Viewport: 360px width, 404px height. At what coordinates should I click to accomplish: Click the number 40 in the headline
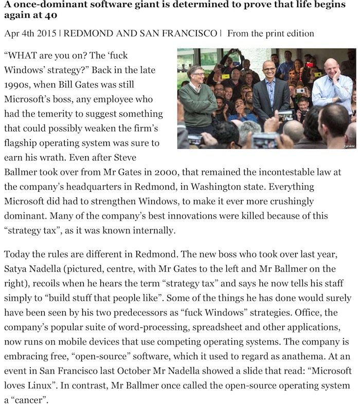(16, 16)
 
